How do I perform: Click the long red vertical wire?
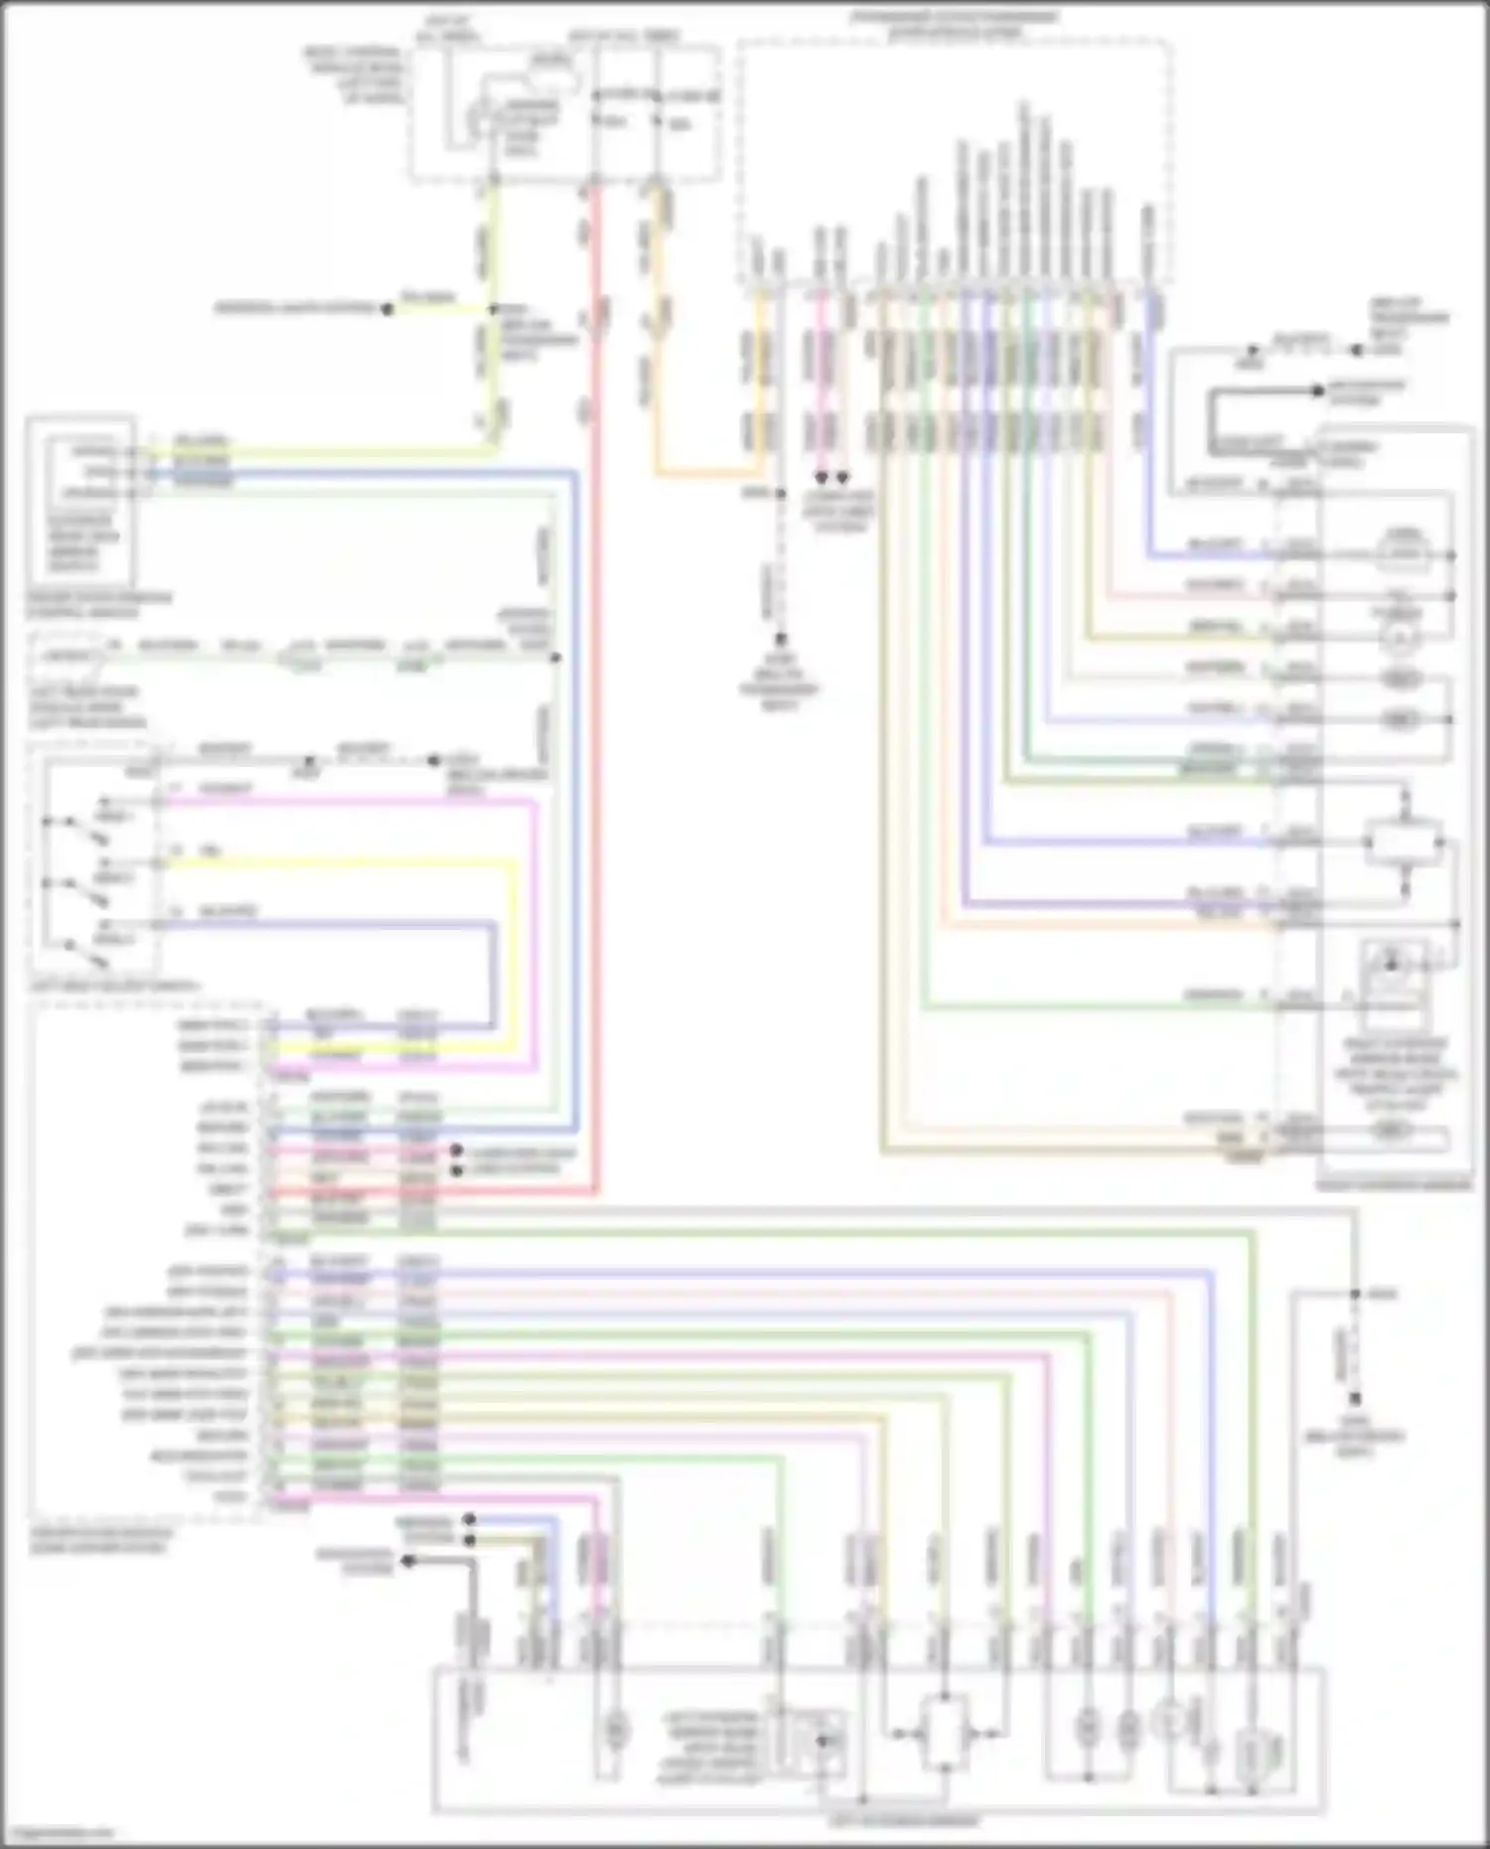point(597,695)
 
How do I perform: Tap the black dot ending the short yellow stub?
point(388,309)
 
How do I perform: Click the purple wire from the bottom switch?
point(348,925)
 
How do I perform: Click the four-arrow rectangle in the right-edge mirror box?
point(1404,843)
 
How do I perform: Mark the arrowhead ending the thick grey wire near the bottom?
point(406,1562)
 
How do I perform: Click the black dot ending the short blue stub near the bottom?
point(470,1519)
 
